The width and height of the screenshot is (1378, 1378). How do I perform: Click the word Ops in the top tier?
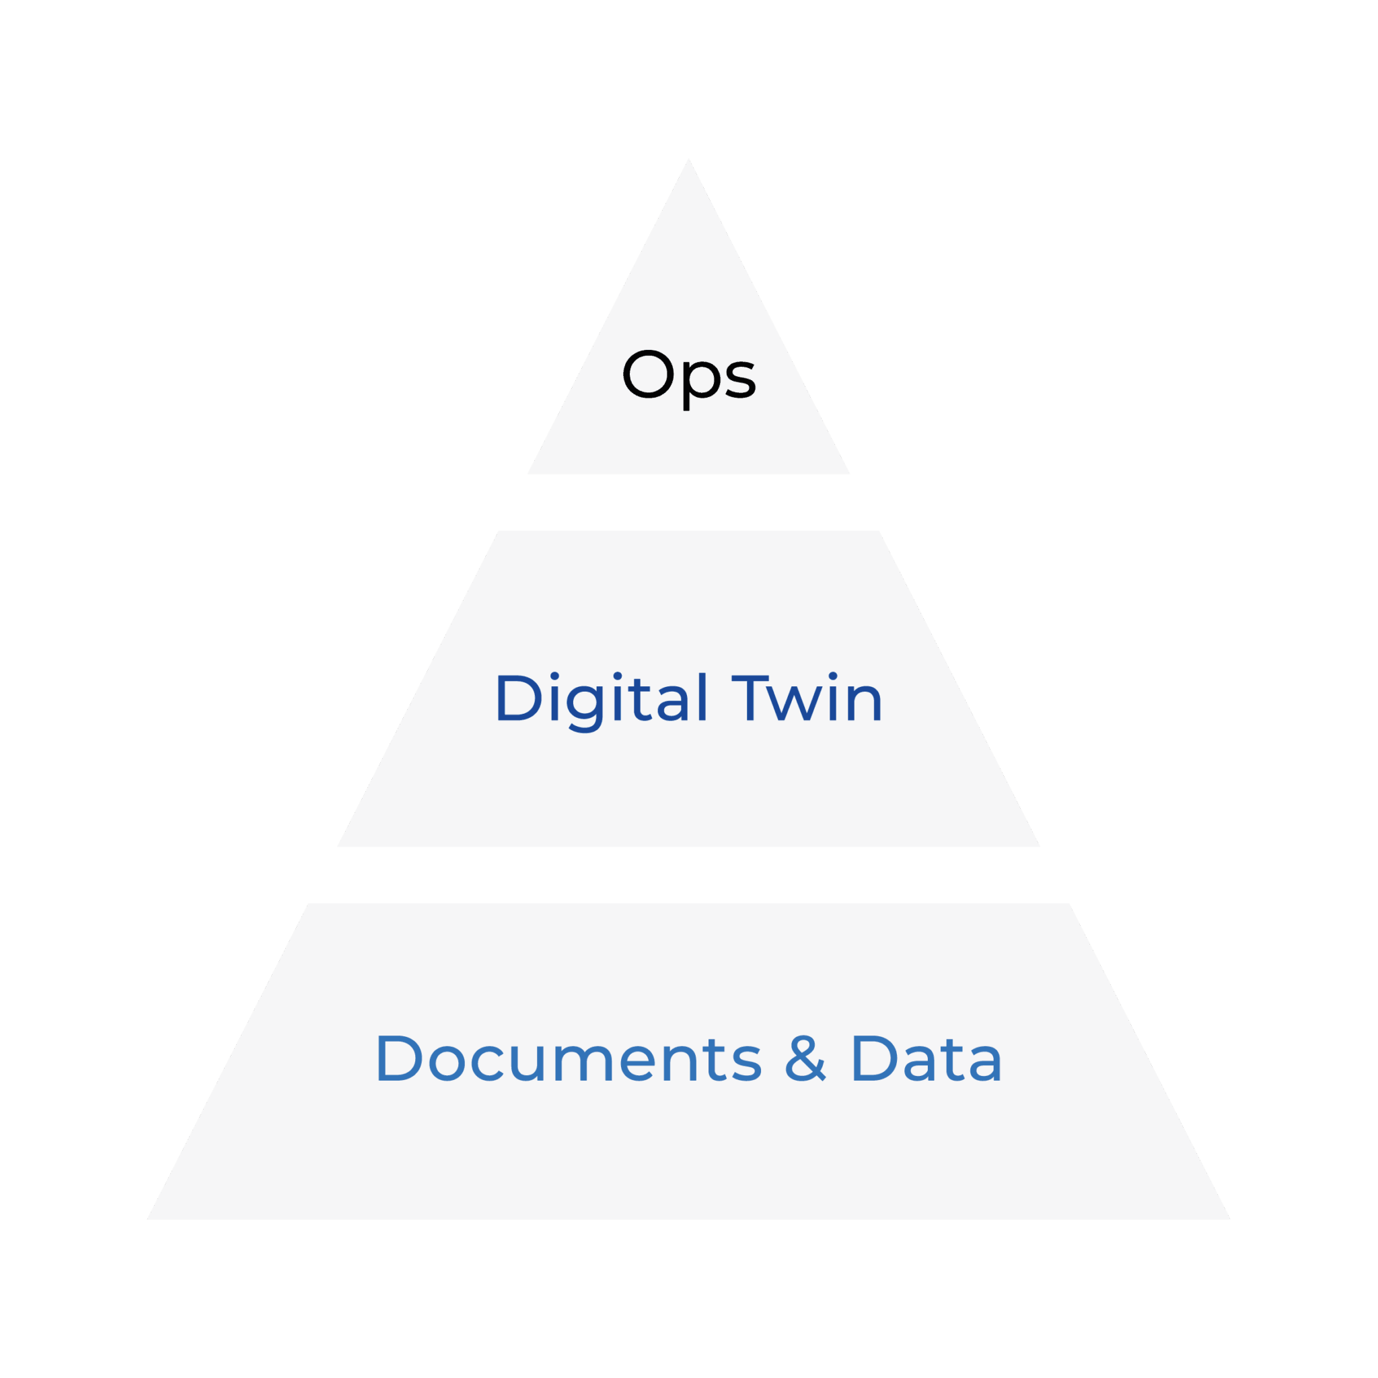pyautogui.click(x=688, y=376)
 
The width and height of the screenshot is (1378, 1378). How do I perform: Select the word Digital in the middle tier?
pyautogui.click(x=601, y=698)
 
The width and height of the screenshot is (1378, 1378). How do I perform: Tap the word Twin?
pyautogui.click(x=807, y=697)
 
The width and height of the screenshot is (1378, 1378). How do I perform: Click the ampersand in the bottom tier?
pyautogui.click(x=805, y=1058)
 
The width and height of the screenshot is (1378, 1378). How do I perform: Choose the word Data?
pyautogui.click(x=927, y=1058)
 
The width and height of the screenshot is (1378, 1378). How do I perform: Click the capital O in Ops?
pyautogui.click(x=648, y=373)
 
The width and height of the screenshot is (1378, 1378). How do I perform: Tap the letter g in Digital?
pyautogui.click(x=585, y=704)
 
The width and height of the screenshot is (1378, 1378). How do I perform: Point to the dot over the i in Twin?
pyautogui.click(x=832, y=676)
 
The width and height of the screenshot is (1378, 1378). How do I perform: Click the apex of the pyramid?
pyautogui.click(x=688, y=158)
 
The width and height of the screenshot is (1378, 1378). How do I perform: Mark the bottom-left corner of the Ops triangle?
pyautogui.click(x=528, y=474)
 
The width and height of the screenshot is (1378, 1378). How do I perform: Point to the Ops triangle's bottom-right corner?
pyautogui.click(x=850, y=474)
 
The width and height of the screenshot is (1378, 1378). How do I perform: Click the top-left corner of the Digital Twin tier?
pyautogui.click(x=498, y=532)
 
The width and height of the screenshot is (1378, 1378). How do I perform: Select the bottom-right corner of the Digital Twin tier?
pyautogui.click(x=1040, y=846)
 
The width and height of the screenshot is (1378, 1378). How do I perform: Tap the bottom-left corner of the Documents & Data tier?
pyautogui.click(x=147, y=1219)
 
